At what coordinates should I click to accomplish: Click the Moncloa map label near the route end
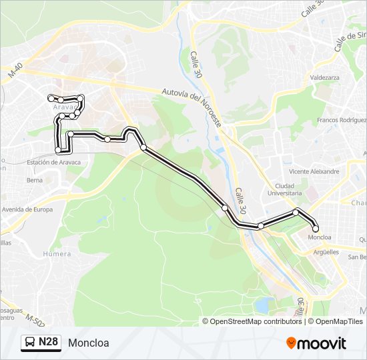coord(320,237)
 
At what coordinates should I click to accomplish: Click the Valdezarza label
coord(325,77)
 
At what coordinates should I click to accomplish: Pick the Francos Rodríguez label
coord(342,120)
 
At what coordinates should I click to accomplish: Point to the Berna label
coord(35,180)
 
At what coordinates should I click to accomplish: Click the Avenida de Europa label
coord(27,209)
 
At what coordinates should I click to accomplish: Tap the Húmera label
coord(57,254)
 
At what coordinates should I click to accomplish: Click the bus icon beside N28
coord(29,343)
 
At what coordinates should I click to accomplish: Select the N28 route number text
coord(48,343)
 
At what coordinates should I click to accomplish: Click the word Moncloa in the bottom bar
coord(88,343)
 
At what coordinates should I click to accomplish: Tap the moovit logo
coord(316,343)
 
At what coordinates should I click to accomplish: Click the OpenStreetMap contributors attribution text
coord(256,321)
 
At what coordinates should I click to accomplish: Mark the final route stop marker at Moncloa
coord(316,229)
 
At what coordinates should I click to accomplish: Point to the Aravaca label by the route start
coord(66,107)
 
